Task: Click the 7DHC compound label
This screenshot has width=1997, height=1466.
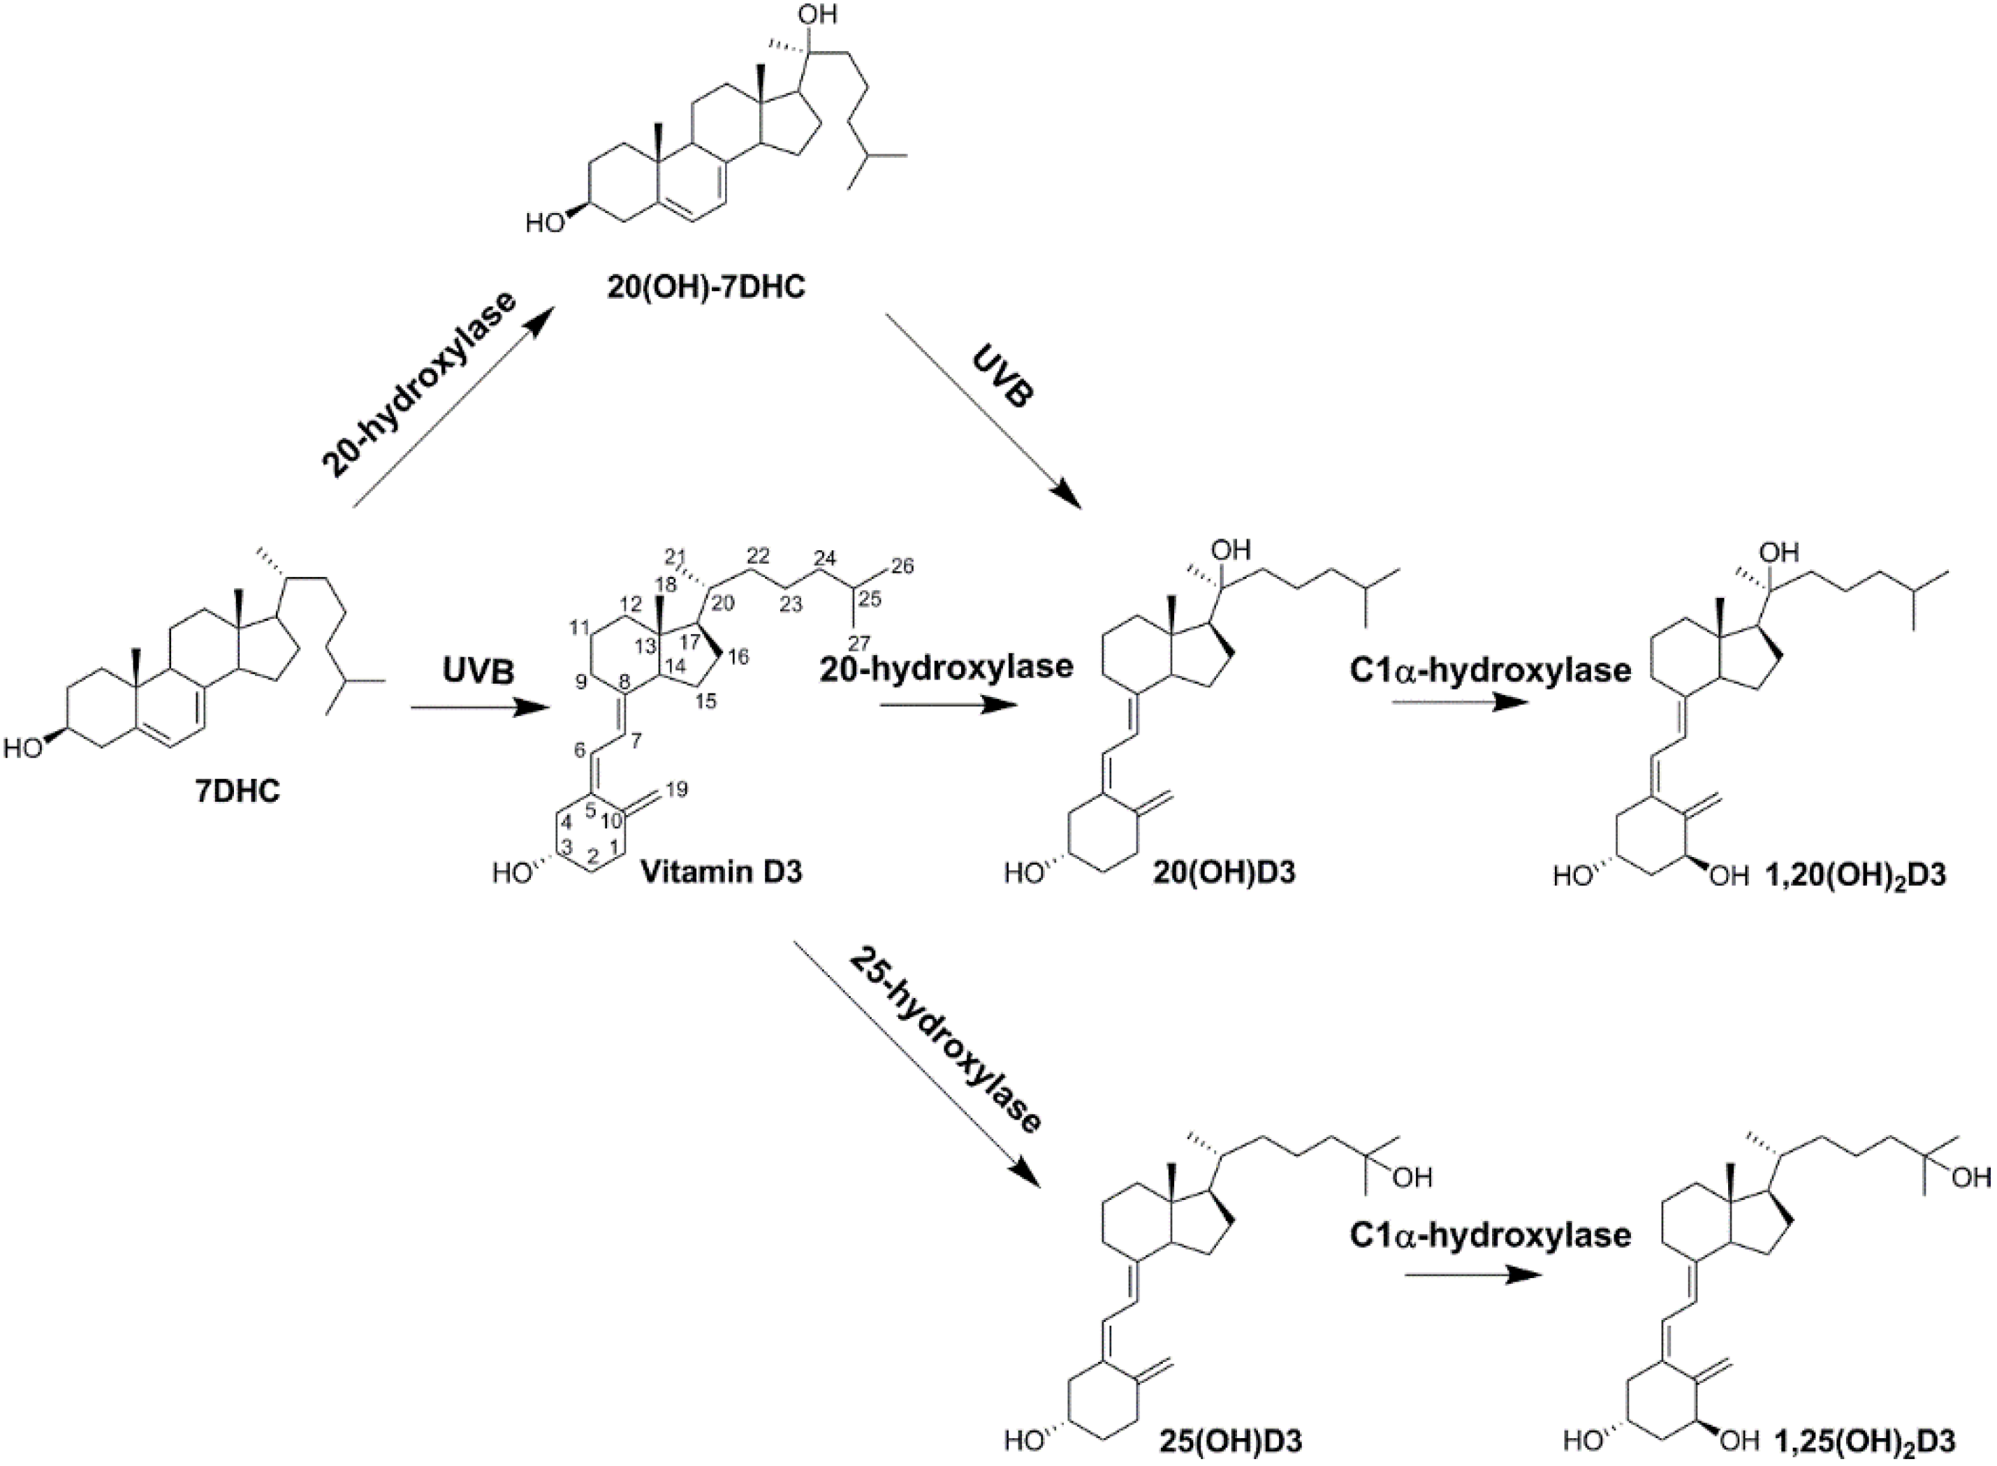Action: point(237,790)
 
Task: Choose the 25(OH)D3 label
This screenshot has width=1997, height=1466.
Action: point(1230,1442)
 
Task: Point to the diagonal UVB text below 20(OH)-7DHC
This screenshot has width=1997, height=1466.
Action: point(1004,378)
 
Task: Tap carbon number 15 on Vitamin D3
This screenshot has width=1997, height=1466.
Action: point(705,700)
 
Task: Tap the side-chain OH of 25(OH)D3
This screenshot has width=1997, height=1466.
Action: point(1413,1178)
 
